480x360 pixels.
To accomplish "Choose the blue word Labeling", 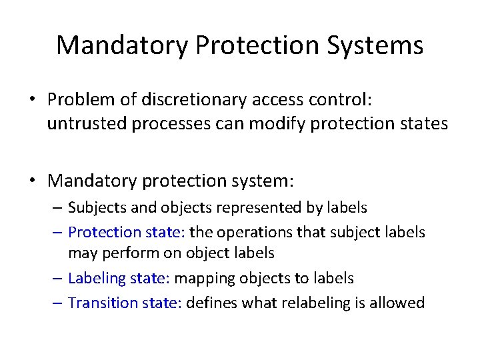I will [97, 278].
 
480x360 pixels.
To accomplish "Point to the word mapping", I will [219, 278].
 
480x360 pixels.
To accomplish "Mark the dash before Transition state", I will [58, 303].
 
